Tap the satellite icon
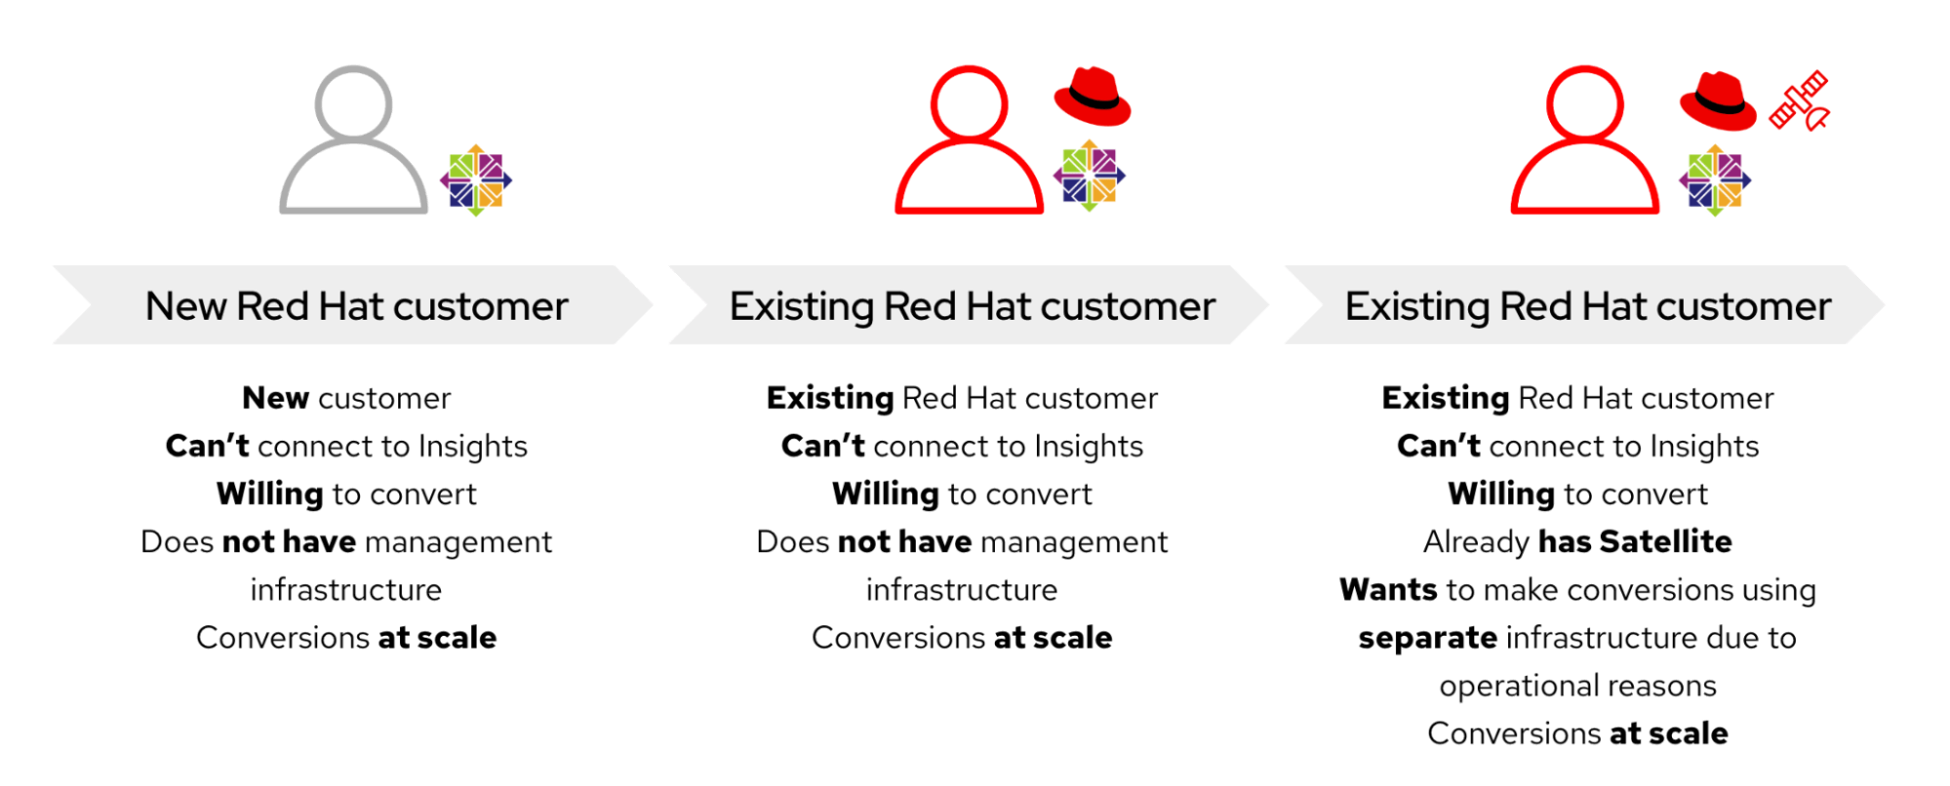click(1800, 100)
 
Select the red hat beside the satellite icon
click(1718, 100)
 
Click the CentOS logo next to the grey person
click(476, 180)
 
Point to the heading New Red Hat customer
click(357, 306)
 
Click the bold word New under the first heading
click(276, 398)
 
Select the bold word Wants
click(1388, 590)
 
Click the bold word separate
click(1428, 639)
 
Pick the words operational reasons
click(1578, 687)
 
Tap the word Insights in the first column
click(473, 447)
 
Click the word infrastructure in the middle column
click(962, 590)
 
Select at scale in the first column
click(437, 638)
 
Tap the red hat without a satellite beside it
click(1093, 97)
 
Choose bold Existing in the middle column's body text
click(830, 398)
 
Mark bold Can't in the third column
click(1439, 446)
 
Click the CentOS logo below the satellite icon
click(1715, 180)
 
